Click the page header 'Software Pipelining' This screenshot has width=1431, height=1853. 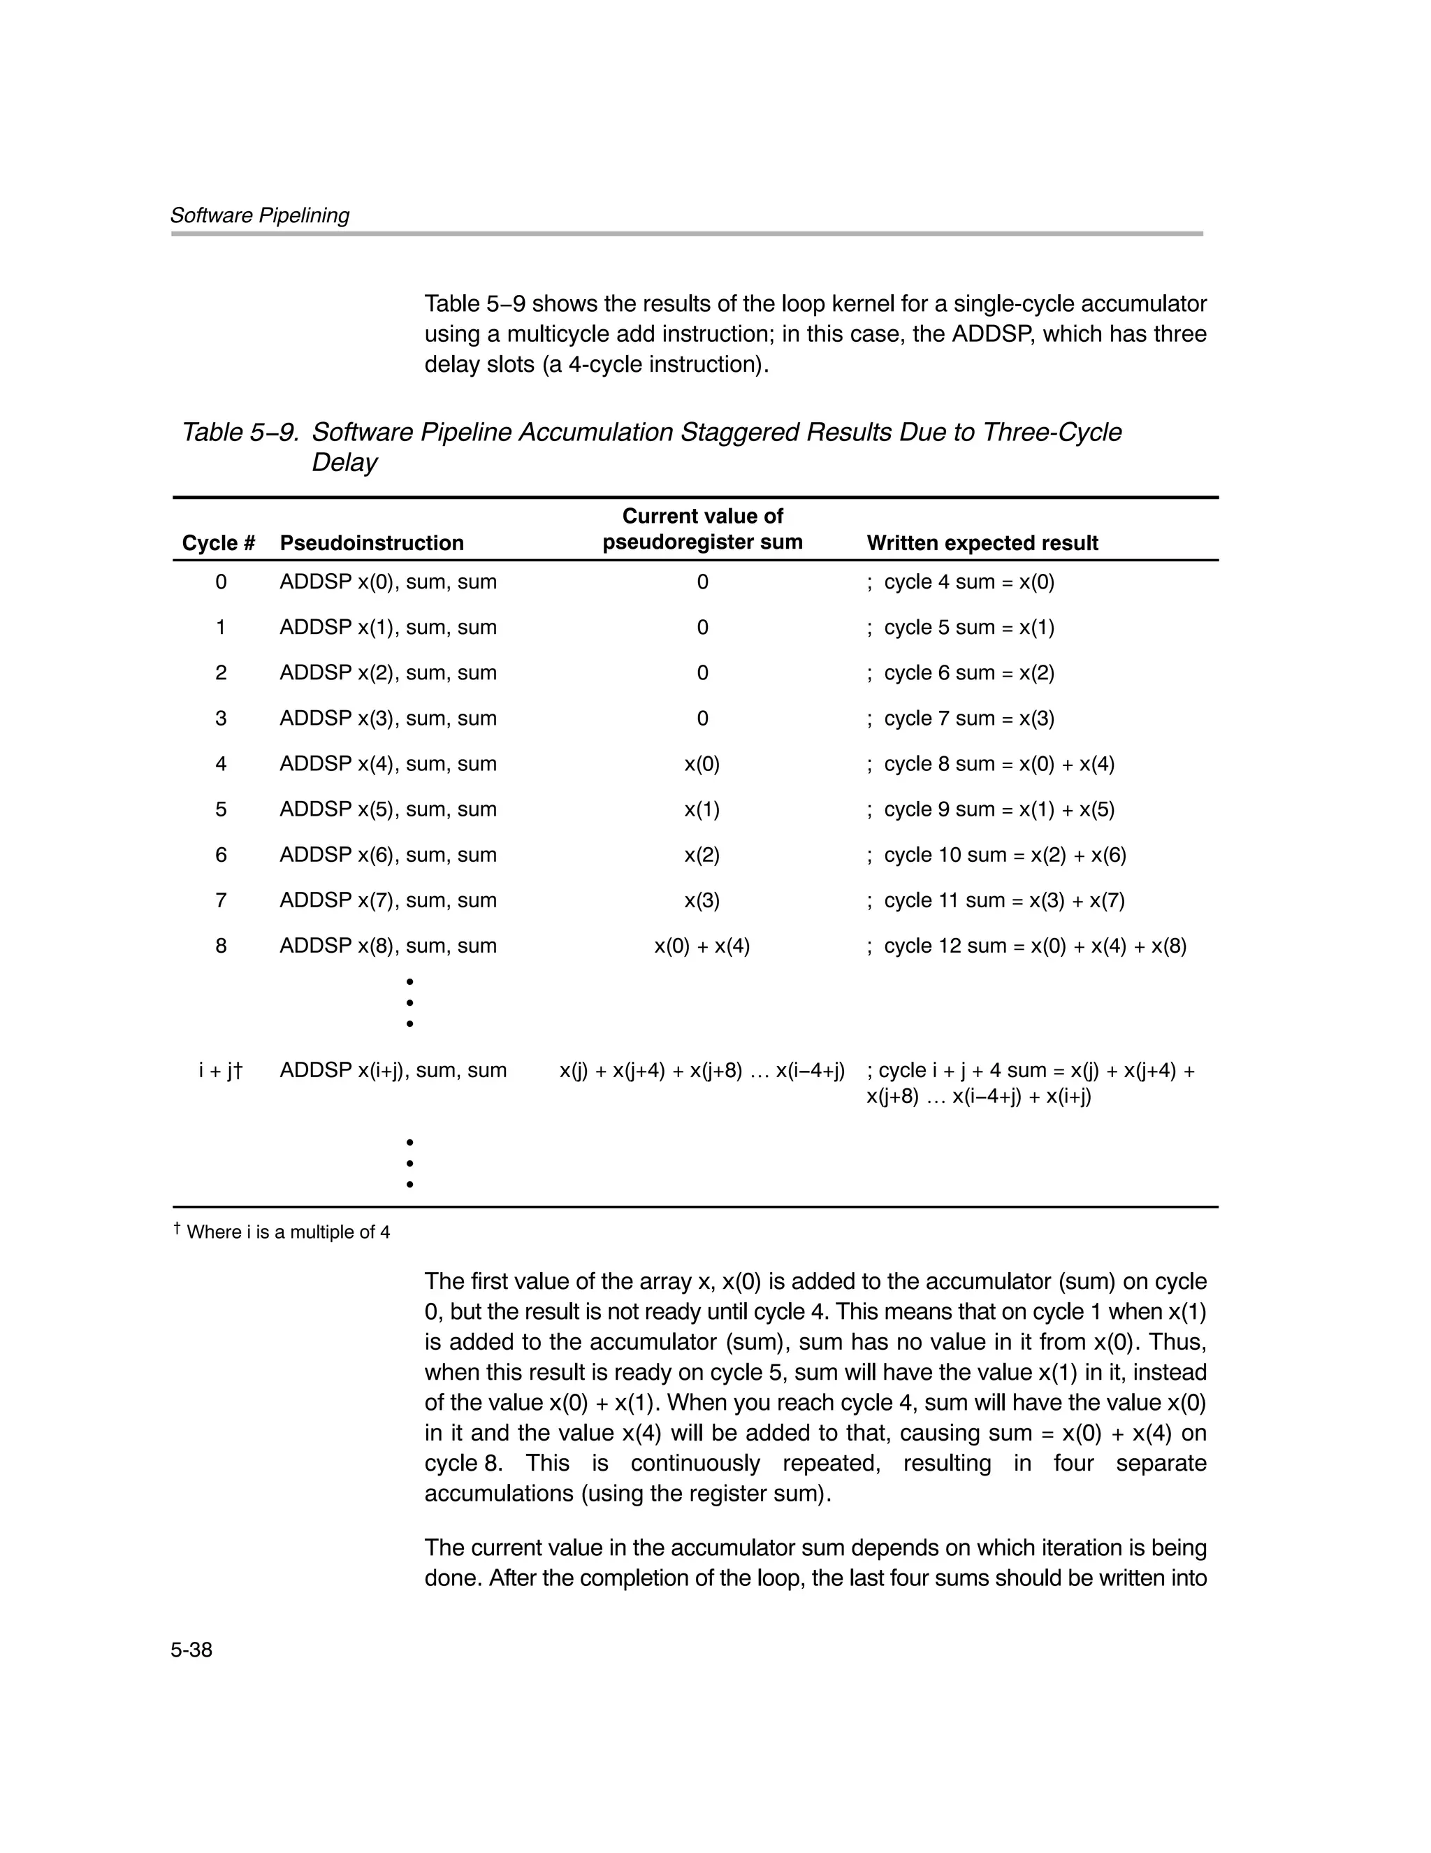tap(259, 215)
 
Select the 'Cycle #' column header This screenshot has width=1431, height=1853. tap(218, 543)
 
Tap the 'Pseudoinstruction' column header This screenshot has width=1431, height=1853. tap(372, 543)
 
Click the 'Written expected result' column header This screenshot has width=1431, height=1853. tap(982, 543)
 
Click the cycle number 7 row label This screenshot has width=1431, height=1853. tap(221, 900)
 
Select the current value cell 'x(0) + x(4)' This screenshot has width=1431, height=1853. tap(702, 946)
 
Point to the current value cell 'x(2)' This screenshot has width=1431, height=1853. tap(702, 856)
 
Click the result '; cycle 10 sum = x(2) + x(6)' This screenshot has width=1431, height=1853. tap(996, 856)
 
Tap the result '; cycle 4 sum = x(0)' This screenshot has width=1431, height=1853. tap(960, 582)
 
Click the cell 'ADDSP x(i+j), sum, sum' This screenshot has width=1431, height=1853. tap(393, 1071)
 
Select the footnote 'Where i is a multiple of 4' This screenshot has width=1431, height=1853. tap(288, 1232)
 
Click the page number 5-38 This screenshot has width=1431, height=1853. tap(191, 1650)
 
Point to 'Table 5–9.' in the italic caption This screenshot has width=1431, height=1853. tap(240, 433)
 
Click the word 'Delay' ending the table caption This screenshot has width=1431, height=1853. tap(344, 463)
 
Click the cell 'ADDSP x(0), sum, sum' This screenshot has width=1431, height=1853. tap(388, 582)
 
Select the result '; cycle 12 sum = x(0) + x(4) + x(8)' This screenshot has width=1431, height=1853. tap(1026, 946)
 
